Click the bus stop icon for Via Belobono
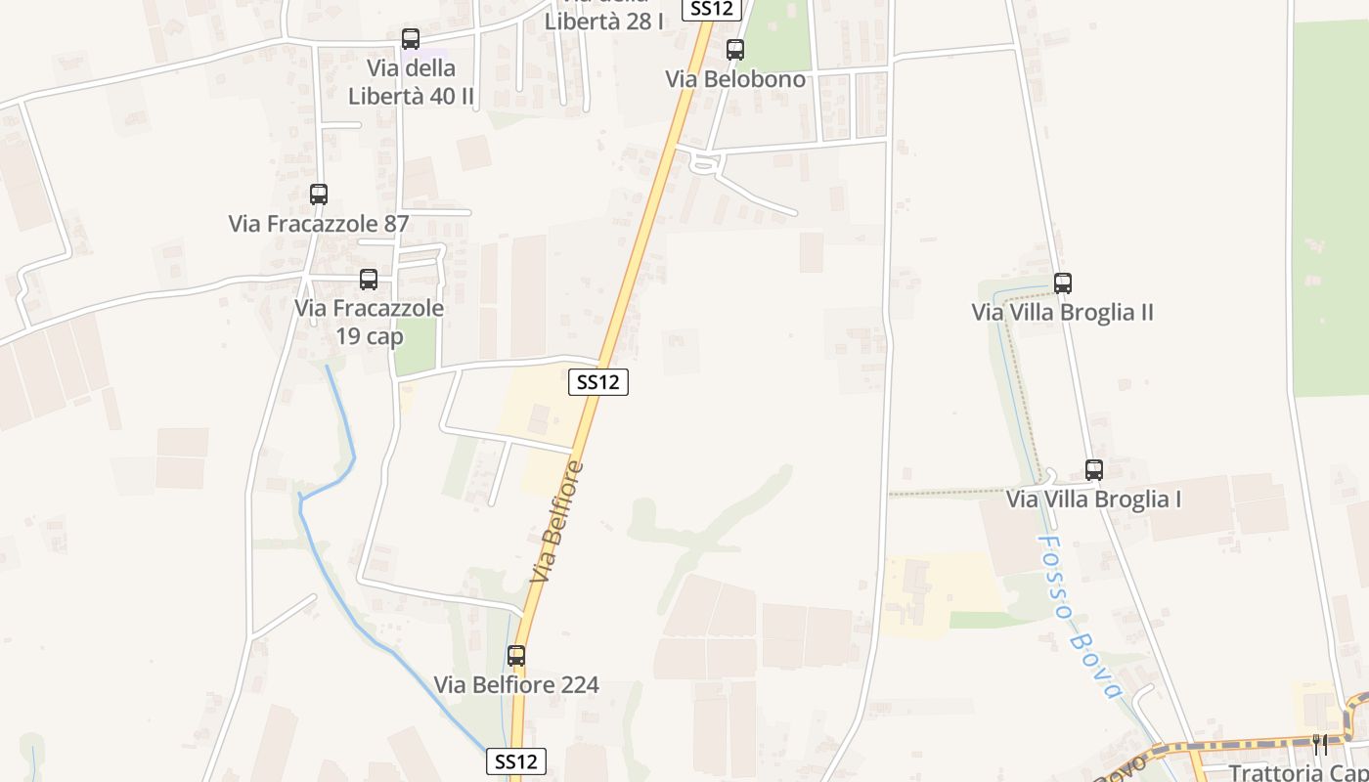(x=734, y=50)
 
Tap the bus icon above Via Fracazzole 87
(x=319, y=195)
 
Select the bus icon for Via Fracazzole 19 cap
(x=369, y=280)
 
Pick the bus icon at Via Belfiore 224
(x=516, y=656)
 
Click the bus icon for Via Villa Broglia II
(x=1063, y=283)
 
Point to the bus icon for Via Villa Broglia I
(x=1094, y=470)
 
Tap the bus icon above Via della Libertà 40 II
(x=411, y=39)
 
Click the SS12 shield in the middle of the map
(x=597, y=382)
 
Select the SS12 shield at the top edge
(x=712, y=9)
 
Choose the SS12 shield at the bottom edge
(x=515, y=761)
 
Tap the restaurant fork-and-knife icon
(x=1320, y=745)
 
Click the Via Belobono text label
(x=735, y=79)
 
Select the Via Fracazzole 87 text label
(x=319, y=224)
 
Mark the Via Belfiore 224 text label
(x=516, y=685)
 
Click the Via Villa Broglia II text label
(x=1063, y=313)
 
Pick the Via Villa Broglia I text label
(x=1094, y=500)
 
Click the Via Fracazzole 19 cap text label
(x=369, y=322)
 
